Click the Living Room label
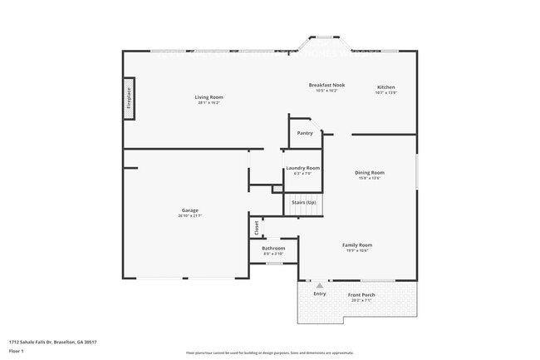209,97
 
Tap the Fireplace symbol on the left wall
129,99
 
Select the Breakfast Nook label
326,85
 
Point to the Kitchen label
385,87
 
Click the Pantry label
305,133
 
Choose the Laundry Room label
302,168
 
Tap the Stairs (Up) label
303,202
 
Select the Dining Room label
370,172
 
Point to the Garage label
189,210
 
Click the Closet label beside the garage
257,226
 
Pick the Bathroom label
273,248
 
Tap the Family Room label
357,244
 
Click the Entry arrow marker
319,285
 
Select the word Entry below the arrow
319,293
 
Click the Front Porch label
361,294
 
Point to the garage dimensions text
189,216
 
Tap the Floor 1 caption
16,352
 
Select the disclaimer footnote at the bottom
270,353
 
